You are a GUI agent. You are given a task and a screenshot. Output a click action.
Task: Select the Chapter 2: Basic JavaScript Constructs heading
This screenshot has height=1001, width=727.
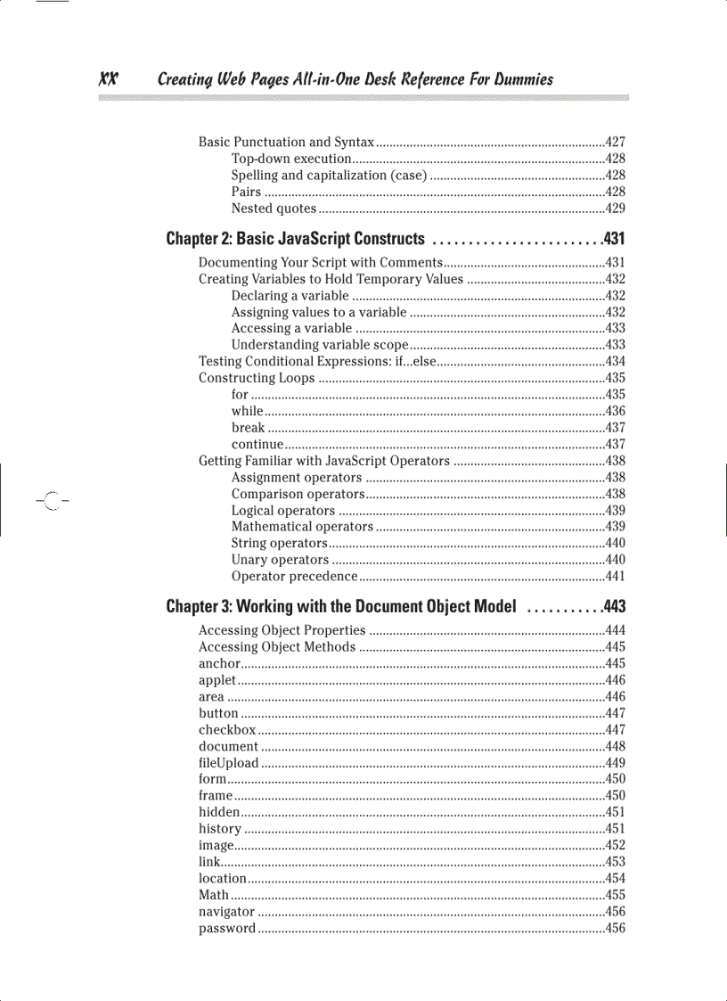[295, 239]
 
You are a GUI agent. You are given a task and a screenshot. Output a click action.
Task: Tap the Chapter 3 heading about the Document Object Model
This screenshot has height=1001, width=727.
[341, 607]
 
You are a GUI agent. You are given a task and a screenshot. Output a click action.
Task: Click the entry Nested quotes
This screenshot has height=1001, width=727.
[274, 209]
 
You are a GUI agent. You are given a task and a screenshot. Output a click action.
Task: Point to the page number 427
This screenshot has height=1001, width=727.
[615, 143]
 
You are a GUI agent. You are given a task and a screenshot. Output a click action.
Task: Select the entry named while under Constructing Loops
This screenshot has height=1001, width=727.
[247, 411]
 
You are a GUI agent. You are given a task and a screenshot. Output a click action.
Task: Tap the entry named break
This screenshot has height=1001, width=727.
[248, 428]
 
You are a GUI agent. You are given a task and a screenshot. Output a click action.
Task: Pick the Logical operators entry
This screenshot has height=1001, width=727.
[283, 511]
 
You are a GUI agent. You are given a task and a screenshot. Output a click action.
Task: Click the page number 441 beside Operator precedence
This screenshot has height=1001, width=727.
[615, 577]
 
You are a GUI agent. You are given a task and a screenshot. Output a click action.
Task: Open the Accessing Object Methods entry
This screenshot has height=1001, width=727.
[277, 647]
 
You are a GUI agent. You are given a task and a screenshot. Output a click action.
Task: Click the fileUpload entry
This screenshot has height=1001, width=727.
[228, 763]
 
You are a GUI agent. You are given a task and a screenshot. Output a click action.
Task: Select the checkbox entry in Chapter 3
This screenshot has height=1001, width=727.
[227, 730]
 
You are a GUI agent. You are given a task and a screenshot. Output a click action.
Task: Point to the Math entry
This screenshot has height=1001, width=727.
[214, 895]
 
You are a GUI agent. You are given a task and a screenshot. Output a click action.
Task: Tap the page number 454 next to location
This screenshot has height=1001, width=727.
[615, 879]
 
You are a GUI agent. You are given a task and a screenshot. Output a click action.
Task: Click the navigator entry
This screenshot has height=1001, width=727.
[226, 912]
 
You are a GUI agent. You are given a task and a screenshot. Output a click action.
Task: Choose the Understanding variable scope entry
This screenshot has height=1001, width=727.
[320, 345]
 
